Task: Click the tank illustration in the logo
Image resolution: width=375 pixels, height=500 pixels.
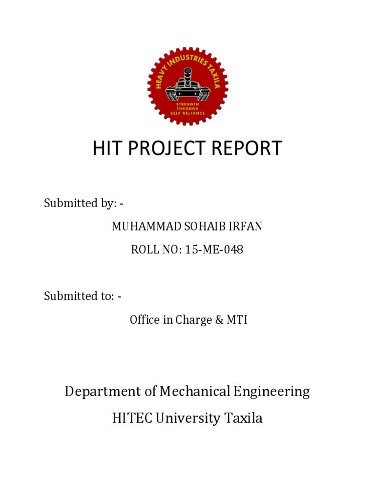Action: [x=187, y=87]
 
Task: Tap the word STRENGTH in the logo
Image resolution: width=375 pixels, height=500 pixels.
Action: [x=187, y=104]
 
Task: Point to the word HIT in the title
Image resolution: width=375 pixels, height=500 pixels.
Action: [x=106, y=148]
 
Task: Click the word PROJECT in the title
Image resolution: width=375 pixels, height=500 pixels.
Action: [x=168, y=148]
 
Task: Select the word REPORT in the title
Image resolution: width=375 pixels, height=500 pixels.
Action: [x=249, y=148]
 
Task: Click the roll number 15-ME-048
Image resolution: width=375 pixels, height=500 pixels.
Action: [x=214, y=250]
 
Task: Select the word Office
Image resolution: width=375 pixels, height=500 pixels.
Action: [x=145, y=320]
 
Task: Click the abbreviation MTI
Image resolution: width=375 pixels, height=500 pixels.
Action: [x=237, y=320]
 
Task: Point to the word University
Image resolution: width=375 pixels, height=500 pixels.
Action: [x=187, y=418]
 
